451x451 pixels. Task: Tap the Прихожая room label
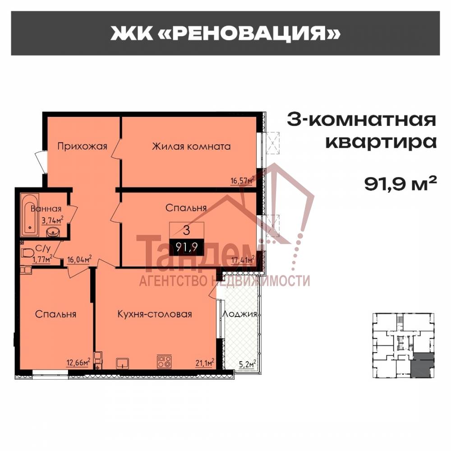[82, 146]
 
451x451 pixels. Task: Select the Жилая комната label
[191, 146]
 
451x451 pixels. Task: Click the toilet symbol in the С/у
[27, 253]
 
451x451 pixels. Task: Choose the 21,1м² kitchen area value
[204, 361]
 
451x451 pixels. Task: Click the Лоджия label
[239, 314]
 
